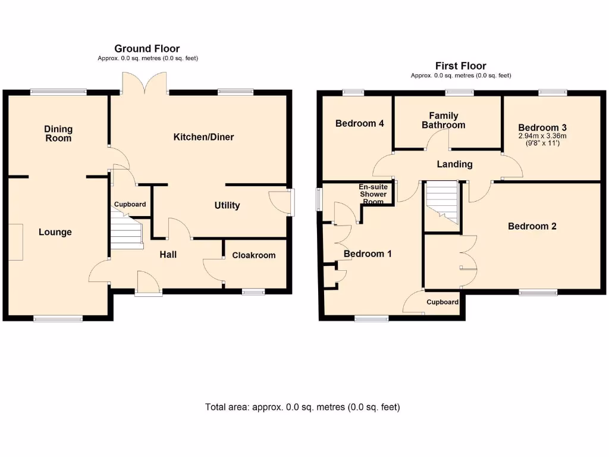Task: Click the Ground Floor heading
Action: pos(147,49)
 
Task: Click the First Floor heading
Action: pos(460,66)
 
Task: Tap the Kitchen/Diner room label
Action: pos(203,137)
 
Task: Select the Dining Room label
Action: pos(58,133)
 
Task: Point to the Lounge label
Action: pos(55,232)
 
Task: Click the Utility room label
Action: pos(227,205)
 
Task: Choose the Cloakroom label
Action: pos(253,255)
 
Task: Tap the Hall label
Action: pos(168,255)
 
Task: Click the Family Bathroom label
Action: pos(444,120)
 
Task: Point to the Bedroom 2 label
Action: pos(532,226)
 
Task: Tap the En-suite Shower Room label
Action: pos(373,194)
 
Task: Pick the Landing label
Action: pos(454,164)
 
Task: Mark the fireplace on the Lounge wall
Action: pos(15,242)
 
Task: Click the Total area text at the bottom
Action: pos(302,407)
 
